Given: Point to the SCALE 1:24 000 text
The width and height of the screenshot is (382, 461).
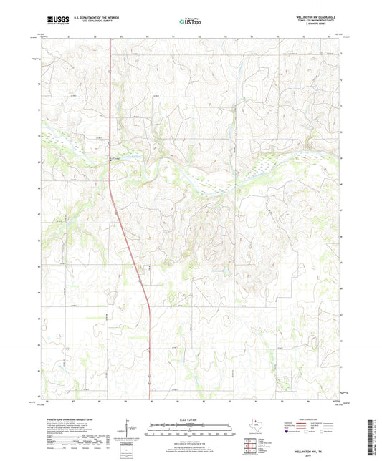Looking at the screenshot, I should point(191,419).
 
